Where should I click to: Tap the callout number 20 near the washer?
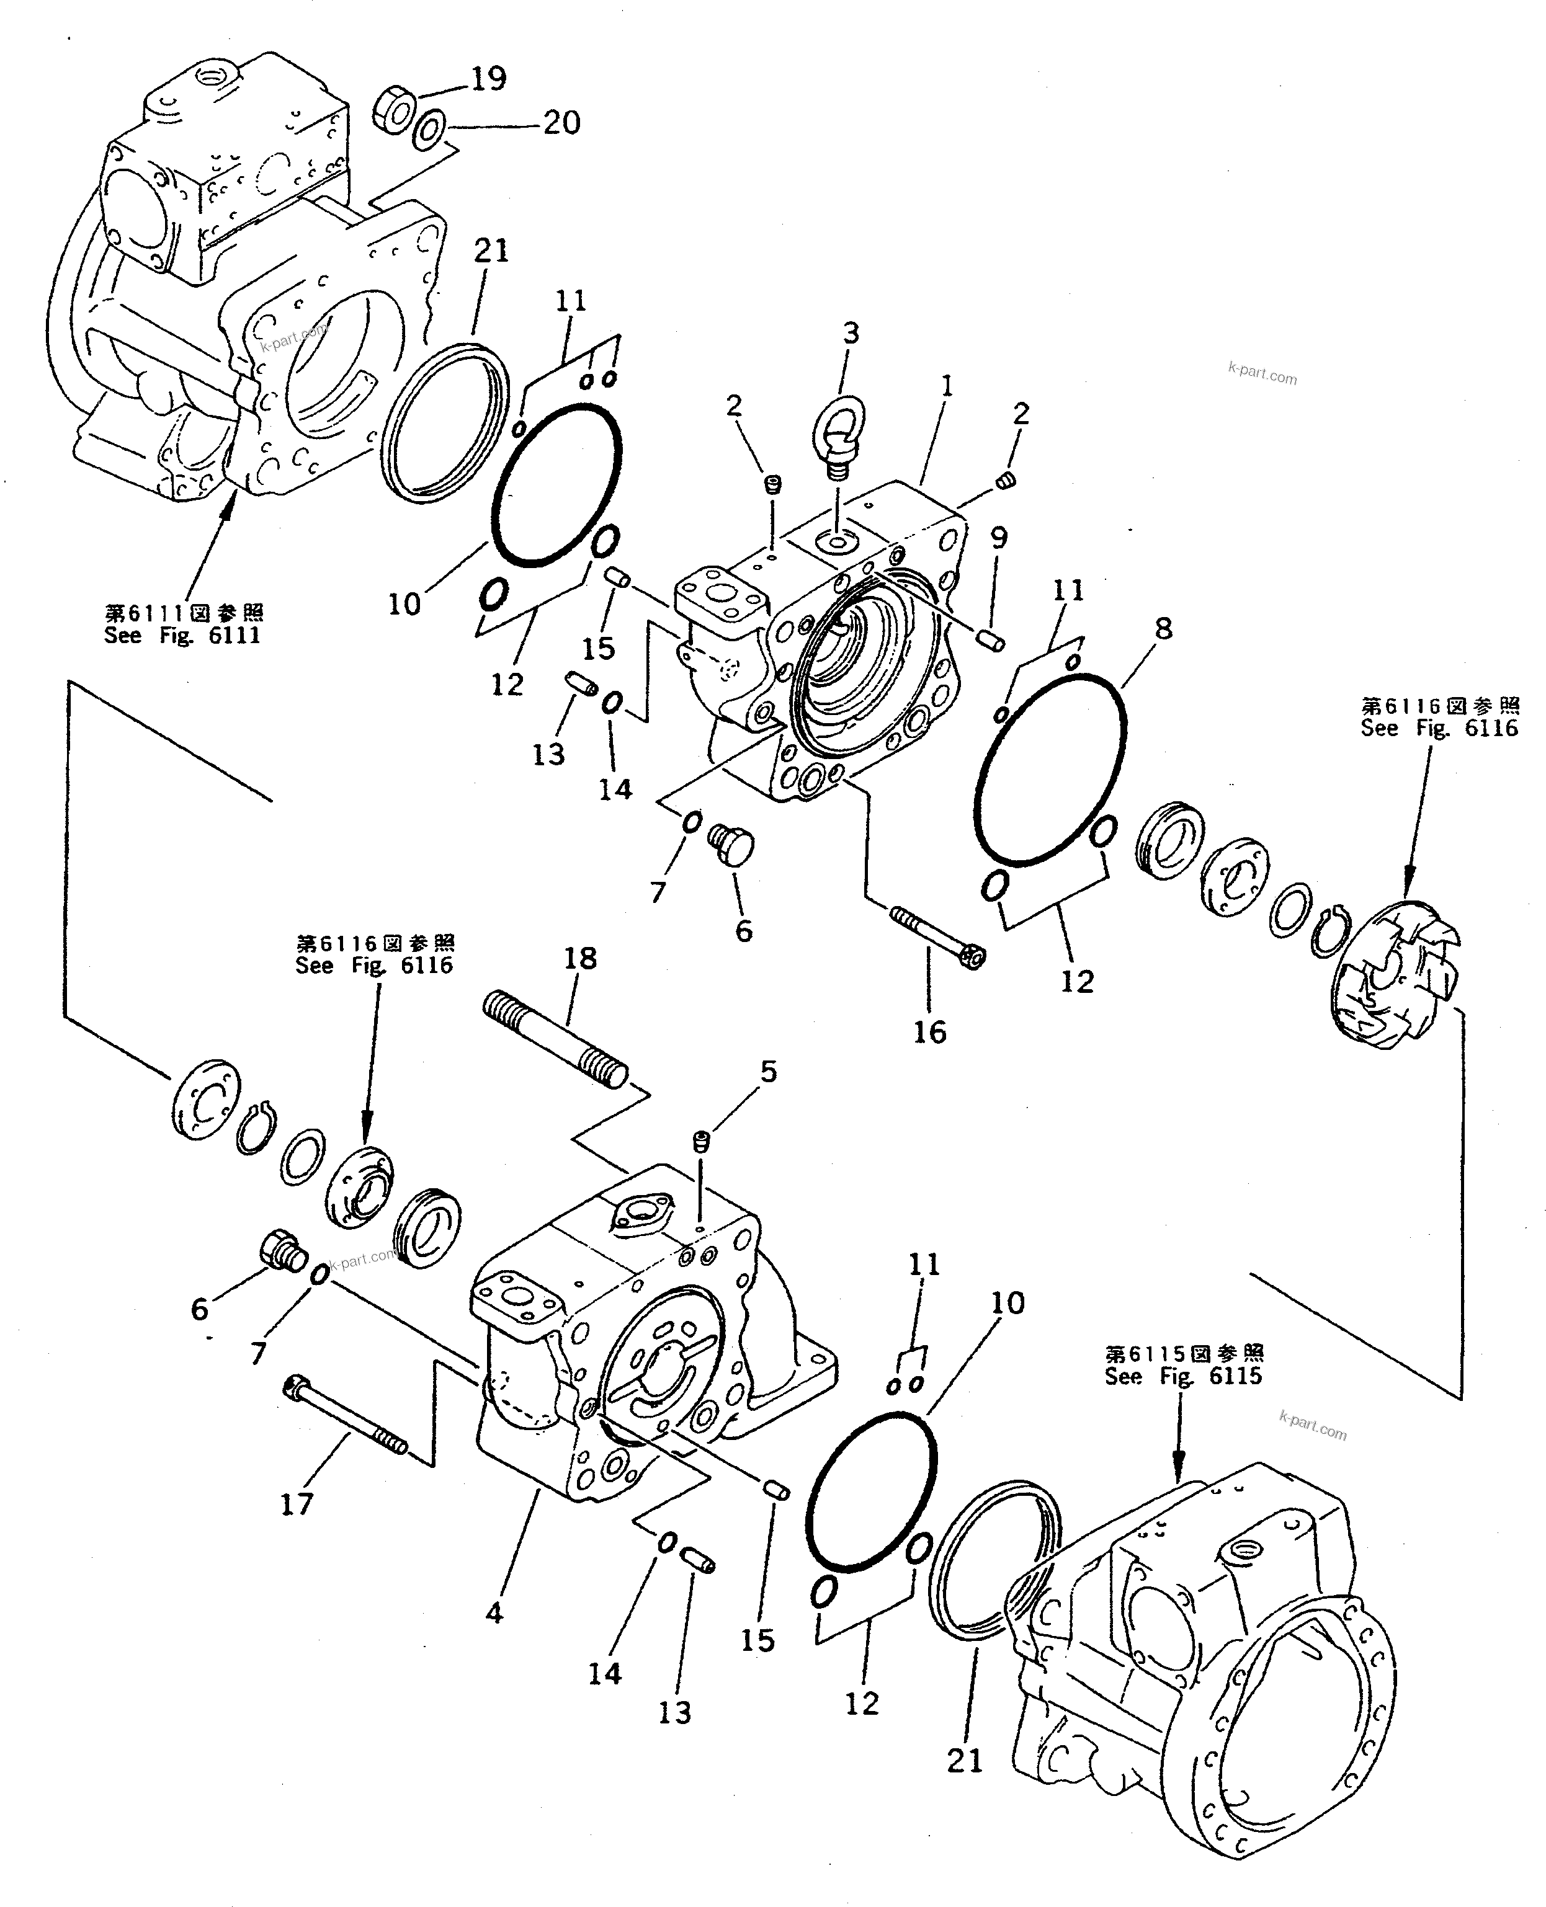[561, 122]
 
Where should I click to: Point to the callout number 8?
[1163, 629]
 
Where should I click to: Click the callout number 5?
[767, 1071]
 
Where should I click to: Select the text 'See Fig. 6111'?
[182, 636]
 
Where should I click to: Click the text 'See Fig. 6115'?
[1184, 1376]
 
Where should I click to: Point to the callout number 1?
[947, 386]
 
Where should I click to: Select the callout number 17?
[297, 1504]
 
